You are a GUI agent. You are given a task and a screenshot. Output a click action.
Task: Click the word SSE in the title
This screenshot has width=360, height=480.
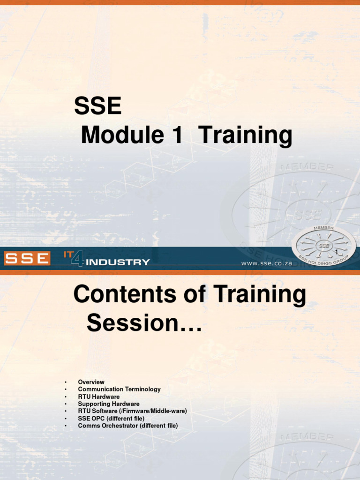pos(97,107)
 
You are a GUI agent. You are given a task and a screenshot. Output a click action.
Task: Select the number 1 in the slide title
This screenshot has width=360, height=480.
pos(172,136)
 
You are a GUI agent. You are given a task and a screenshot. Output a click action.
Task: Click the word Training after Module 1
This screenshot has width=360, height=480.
pos(245,136)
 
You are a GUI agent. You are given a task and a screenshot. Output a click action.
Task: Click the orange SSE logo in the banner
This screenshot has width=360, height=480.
pos(27,258)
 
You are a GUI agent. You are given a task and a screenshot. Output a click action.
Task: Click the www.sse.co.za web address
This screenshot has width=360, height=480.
pos(267,263)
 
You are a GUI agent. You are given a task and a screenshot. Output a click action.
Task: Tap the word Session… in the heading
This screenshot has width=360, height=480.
pos(144,323)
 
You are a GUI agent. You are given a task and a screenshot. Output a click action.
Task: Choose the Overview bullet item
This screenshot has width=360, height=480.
pos(91,382)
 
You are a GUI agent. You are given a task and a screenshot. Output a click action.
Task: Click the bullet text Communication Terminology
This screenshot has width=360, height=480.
pos(119,389)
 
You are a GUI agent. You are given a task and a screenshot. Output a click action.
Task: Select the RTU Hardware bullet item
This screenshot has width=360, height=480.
pos(98,397)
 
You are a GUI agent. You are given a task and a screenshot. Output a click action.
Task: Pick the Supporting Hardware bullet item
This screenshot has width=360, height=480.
pos(109,404)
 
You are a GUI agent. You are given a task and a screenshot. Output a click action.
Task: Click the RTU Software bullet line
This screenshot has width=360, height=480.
pos(132,411)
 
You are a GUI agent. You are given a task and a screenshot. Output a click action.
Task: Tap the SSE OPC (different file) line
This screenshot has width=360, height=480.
pos(111,418)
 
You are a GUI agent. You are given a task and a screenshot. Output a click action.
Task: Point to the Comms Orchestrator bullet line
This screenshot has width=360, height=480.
pos(128,426)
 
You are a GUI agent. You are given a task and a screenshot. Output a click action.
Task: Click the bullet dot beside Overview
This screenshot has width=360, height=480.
pos(66,382)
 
